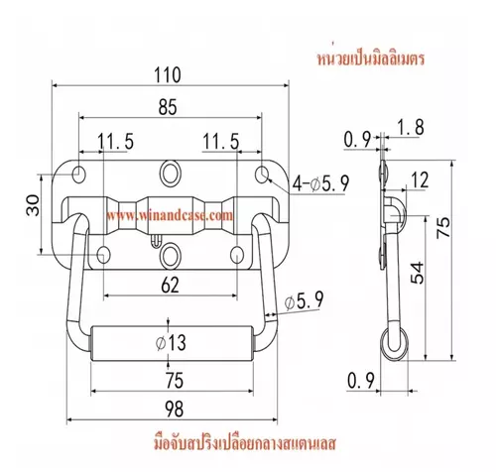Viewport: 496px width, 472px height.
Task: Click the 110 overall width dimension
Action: point(168,75)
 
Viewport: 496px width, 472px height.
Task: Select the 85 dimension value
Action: point(168,107)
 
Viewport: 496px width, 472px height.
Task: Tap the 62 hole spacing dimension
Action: point(170,285)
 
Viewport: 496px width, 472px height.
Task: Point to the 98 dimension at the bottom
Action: point(174,409)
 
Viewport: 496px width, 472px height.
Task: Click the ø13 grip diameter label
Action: point(171,342)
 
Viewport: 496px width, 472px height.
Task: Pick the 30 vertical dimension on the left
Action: point(33,205)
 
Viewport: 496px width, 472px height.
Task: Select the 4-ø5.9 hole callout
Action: point(321,183)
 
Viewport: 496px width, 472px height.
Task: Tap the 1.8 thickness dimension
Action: point(410,127)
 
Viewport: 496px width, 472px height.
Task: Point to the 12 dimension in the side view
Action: point(420,180)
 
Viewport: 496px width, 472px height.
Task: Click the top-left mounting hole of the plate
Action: point(79,175)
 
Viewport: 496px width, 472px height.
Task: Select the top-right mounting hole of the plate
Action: point(263,175)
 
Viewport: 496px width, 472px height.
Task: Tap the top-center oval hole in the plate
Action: point(170,173)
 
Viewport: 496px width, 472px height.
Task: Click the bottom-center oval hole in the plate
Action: point(170,255)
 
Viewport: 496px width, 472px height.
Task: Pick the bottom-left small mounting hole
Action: point(103,255)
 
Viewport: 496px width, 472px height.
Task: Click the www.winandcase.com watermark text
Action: point(170,215)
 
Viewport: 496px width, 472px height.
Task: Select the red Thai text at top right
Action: point(371,59)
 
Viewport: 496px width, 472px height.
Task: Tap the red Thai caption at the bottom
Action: point(245,443)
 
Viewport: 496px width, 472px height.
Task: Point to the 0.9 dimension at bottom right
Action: point(361,381)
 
